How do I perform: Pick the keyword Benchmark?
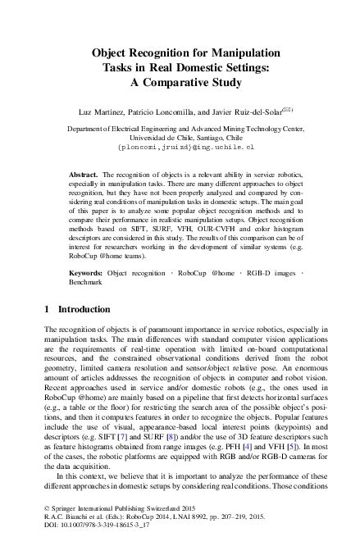click(x=86, y=282)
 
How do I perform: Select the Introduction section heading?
click(x=79, y=310)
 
